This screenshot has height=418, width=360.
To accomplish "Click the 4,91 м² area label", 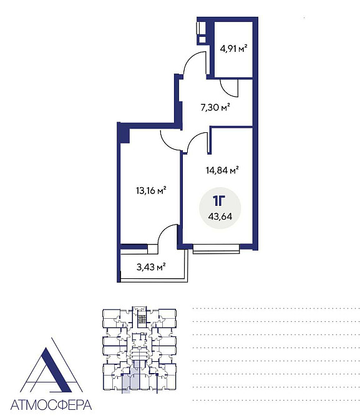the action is [x=233, y=49].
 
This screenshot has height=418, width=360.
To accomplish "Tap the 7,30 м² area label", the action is [x=215, y=107].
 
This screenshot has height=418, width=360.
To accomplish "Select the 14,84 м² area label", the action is [x=222, y=170].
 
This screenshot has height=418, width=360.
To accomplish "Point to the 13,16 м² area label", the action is [x=151, y=191].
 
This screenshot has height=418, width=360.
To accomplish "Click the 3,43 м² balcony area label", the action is [x=151, y=267].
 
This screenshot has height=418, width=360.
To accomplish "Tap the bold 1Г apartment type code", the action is [x=219, y=201].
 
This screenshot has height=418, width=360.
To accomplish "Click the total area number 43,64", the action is [x=220, y=216].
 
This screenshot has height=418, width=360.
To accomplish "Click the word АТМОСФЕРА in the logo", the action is [x=51, y=405].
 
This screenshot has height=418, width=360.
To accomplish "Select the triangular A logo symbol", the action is [x=51, y=365].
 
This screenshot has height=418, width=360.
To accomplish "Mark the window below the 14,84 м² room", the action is [x=216, y=248].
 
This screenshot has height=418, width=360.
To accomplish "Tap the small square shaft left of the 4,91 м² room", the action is [x=202, y=40].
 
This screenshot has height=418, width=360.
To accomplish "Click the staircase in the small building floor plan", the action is [x=143, y=319].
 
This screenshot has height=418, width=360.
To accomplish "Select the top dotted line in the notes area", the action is [x=276, y=309].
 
